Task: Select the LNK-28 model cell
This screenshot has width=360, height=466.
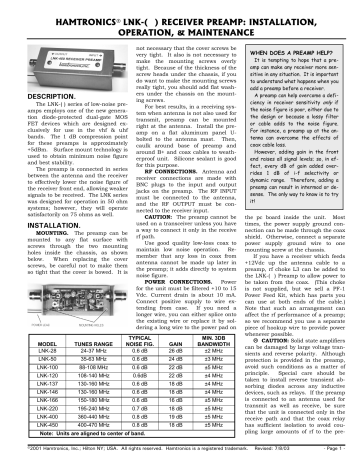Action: tap(28, 352)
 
